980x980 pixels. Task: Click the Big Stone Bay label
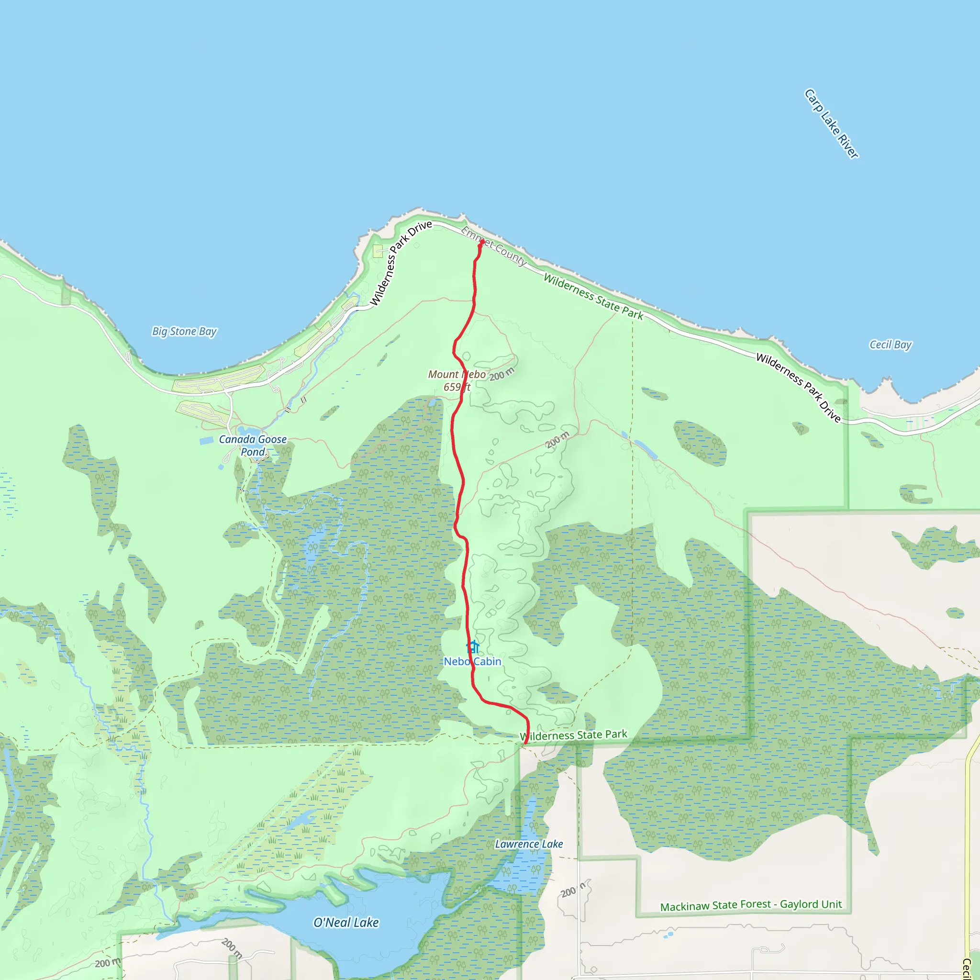[184, 331]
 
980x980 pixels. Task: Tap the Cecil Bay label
[890, 345]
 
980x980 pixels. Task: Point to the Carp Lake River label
[831, 124]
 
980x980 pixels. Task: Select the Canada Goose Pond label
[253, 445]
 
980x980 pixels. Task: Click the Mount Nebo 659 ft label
[457, 380]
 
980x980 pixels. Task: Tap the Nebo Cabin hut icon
[473, 647]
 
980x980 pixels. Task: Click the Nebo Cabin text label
[472, 661]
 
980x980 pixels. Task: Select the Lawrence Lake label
[529, 844]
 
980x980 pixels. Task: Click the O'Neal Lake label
[346, 923]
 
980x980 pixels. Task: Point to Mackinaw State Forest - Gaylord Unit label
[751, 905]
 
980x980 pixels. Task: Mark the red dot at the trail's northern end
[481, 242]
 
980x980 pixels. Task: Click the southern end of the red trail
[525, 743]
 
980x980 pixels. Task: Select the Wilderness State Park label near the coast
[593, 297]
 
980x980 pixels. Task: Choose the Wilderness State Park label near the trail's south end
[574, 735]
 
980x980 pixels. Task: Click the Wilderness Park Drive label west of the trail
[401, 263]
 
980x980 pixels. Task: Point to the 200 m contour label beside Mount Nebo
[501, 374]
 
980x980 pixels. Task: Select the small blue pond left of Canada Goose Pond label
[206, 440]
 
